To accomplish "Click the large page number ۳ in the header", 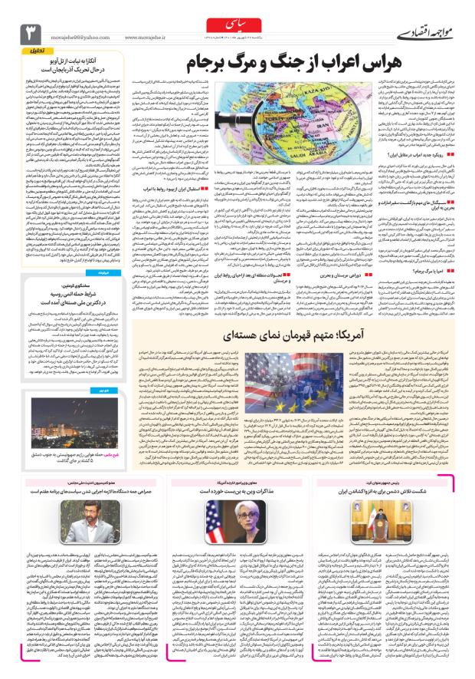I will tap(31, 32).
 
